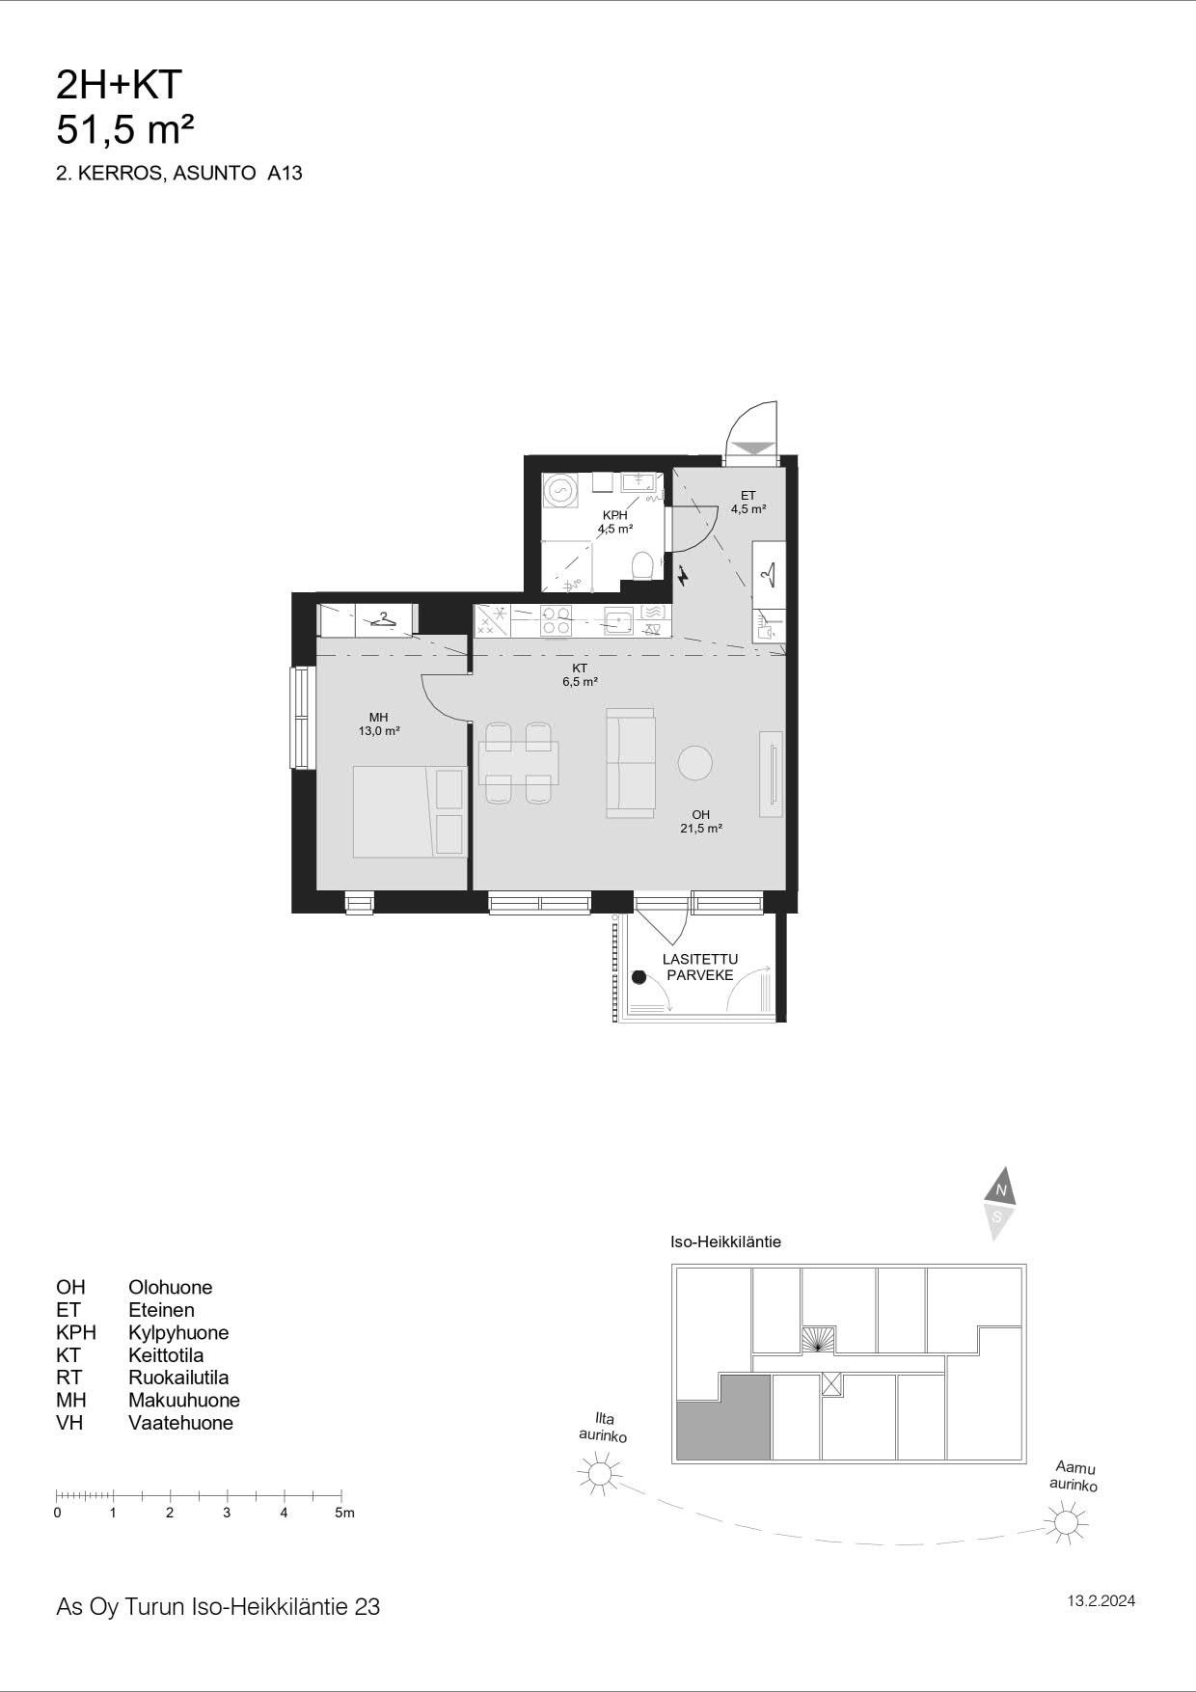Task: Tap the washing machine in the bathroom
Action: (x=558, y=489)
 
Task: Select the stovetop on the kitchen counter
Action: (x=556, y=619)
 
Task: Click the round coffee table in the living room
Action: (x=695, y=763)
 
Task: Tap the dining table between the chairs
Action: (x=518, y=763)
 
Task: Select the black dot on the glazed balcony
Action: (x=639, y=977)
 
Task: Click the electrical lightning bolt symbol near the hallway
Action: (x=684, y=576)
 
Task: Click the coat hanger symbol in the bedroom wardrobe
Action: (x=383, y=619)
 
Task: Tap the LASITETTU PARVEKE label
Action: (x=700, y=967)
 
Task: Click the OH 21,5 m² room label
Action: (x=701, y=821)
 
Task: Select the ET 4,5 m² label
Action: (x=748, y=502)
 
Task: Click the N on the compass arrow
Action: (x=1001, y=1190)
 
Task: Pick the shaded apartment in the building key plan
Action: (x=723, y=1417)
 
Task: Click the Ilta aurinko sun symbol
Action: (x=599, y=1474)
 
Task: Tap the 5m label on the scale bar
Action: (x=344, y=1513)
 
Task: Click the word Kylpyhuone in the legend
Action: (x=178, y=1332)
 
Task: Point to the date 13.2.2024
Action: (x=1101, y=1601)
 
